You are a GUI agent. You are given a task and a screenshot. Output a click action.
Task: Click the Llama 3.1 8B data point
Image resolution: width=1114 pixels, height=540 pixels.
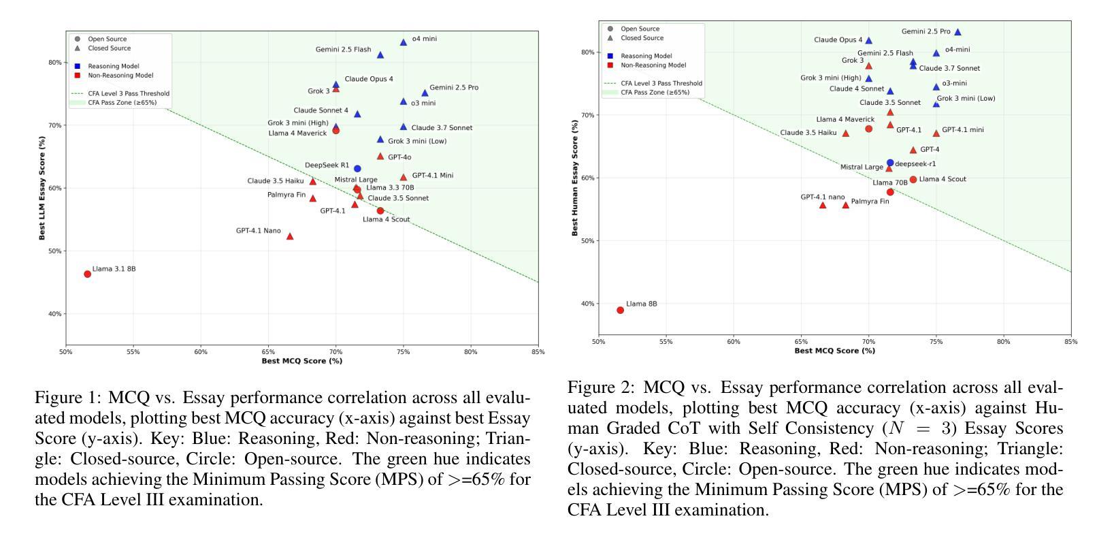pos(87,274)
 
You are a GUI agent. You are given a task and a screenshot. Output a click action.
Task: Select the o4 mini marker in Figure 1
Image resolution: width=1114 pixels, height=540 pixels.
pos(403,42)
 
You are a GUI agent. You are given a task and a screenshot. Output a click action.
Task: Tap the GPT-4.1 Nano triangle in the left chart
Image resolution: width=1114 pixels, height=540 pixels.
pos(290,236)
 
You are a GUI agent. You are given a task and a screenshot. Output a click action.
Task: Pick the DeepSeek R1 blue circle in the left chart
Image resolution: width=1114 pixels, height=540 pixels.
pos(357,168)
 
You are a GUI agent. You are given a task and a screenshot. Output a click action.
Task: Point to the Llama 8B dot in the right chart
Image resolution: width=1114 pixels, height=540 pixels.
pos(620,310)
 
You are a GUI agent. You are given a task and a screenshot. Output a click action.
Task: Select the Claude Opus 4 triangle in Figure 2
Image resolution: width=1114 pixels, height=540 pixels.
pos(868,41)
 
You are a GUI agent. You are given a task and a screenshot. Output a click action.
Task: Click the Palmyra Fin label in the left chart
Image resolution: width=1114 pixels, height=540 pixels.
pos(286,195)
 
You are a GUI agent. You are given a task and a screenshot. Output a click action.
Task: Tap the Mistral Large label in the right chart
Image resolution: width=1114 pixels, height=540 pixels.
pos(862,167)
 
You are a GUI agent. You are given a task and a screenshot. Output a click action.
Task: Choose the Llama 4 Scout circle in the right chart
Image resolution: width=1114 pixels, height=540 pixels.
pos(913,180)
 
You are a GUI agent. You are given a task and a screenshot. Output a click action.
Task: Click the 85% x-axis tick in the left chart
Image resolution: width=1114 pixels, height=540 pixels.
pos(538,352)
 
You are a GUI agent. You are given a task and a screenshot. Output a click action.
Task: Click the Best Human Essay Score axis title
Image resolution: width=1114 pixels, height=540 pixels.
pos(575,178)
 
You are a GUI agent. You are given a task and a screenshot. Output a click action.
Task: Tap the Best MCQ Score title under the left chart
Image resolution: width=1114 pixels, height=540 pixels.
pos(301,361)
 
